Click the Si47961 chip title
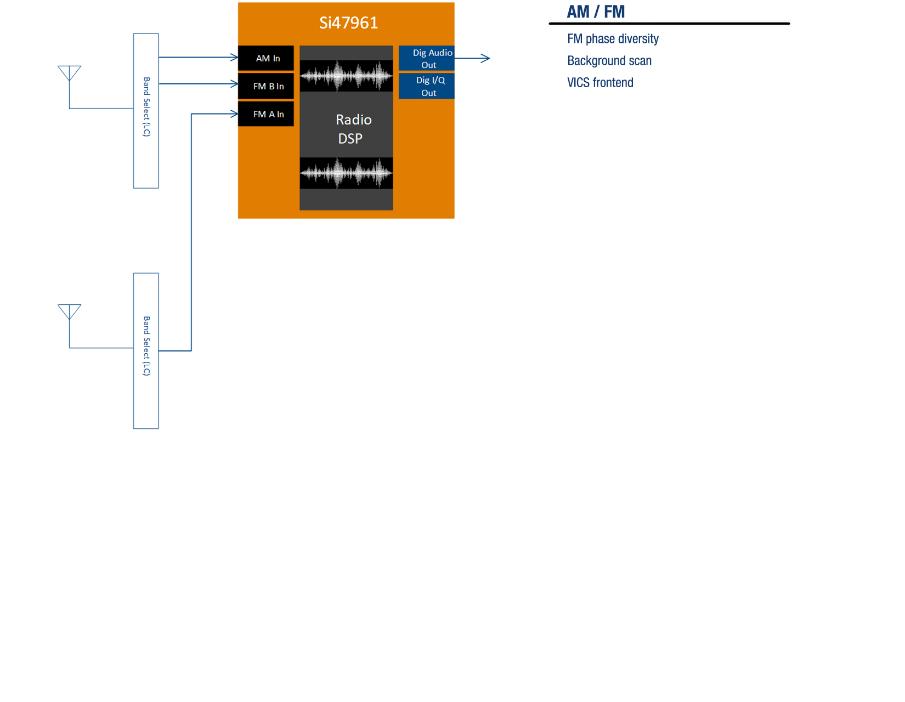click(x=348, y=23)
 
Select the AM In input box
click(x=266, y=58)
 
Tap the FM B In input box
click(x=266, y=86)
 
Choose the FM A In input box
click(x=266, y=114)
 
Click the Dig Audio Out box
click(x=427, y=58)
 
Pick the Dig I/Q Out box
click(x=427, y=86)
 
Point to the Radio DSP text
click(x=352, y=129)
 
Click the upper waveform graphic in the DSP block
click(x=346, y=75)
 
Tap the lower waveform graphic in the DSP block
click(x=346, y=173)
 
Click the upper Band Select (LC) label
click(x=146, y=107)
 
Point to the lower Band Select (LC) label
click(x=146, y=346)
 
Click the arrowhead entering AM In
click(x=234, y=57)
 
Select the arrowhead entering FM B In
click(x=234, y=84)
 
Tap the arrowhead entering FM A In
click(x=234, y=114)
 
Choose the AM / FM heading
click(x=596, y=12)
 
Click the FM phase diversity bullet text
click(x=613, y=39)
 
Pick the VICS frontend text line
click(x=600, y=83)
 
